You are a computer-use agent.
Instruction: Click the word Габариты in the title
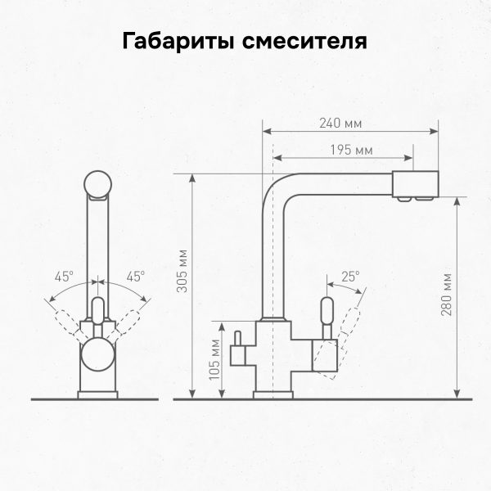pyautogui.click(x=178, y=41)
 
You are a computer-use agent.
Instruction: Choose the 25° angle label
pyautogui.click(x=350, y=277)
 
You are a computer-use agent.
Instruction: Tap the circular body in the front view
pyautogui.click(x=98, y=360)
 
